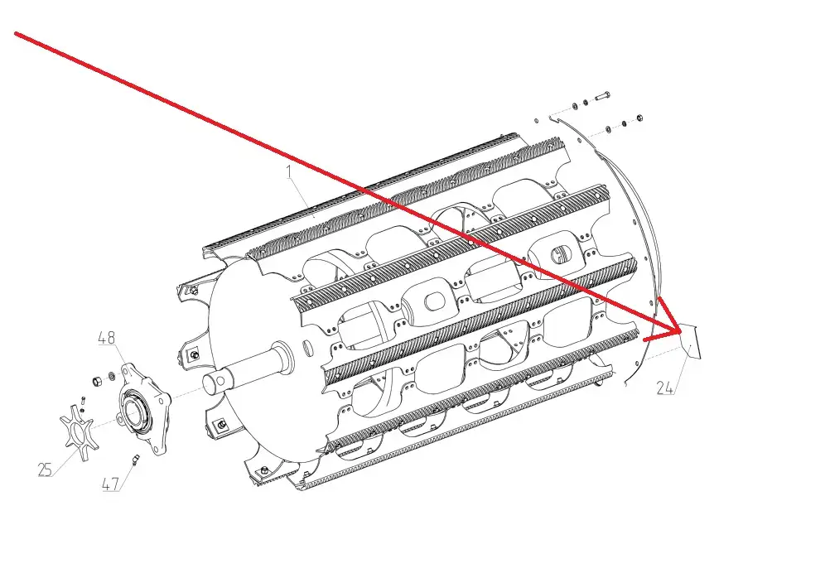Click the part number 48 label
[x=107, y=338]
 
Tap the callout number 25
[x=46, y=470]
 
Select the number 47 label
[x=110, y=484]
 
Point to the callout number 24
[x=665, y=388]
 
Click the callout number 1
[x=289, y=171]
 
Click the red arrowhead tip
[x=680, y=332]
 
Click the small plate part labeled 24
[x=690, y=341]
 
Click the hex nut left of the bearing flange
[x=97, y=381]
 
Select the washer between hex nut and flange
[x=112, y=376]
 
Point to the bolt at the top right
[x=602, y=97]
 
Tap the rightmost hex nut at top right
[x=639, y=118]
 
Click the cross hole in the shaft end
[x=220, y=378]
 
